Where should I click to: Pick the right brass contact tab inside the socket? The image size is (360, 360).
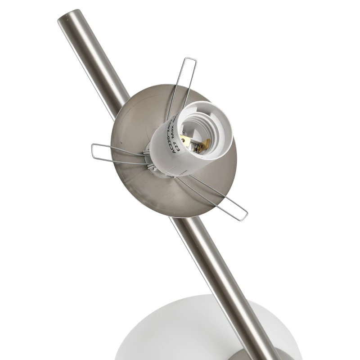coord(205,144)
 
